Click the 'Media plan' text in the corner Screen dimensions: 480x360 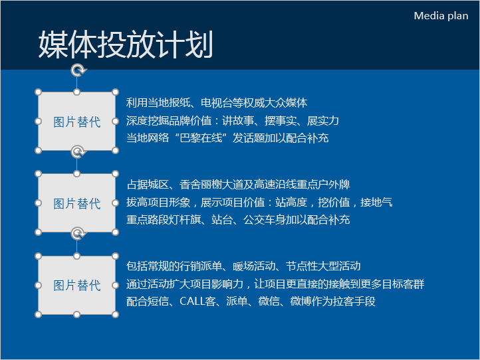(441, 15)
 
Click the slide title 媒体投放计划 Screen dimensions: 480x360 (126, 45)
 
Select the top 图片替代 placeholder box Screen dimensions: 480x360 (76, 121)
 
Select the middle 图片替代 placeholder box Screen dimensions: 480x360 (76, 203)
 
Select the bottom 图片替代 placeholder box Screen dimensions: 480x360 (76, 285)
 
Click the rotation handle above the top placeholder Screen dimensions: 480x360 (78, 70)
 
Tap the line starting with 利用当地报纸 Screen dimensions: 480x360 (217, 103)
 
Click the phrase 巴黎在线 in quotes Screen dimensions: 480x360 (201, 138)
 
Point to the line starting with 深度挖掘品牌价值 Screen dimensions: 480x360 (233, 120)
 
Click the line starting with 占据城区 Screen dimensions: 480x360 (238, 185)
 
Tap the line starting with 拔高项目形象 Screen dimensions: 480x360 (259, 202)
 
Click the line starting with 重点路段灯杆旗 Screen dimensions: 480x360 (238, 220)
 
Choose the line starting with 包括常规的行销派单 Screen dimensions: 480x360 (243, 266)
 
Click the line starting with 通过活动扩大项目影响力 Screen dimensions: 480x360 (275, 284)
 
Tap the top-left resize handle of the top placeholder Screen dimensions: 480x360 (39, 92)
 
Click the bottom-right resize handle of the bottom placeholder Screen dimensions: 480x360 (116, 314)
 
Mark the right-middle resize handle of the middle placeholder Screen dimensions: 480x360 (116, 203)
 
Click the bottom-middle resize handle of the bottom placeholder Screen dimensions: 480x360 (77, 314)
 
